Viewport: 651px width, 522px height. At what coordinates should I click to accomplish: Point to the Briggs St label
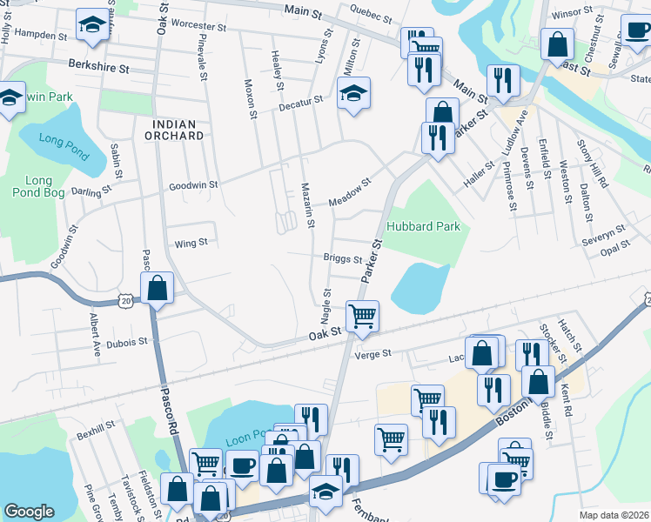[342, 258]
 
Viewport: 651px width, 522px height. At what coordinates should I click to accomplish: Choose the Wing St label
[191, 244]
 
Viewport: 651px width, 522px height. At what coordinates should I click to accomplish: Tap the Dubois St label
[127, 343]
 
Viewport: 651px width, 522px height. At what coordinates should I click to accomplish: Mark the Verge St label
[373, 354]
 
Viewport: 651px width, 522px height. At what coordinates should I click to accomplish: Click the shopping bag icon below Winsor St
[556, 43]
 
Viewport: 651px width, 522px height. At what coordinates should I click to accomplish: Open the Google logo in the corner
[29, 512]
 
